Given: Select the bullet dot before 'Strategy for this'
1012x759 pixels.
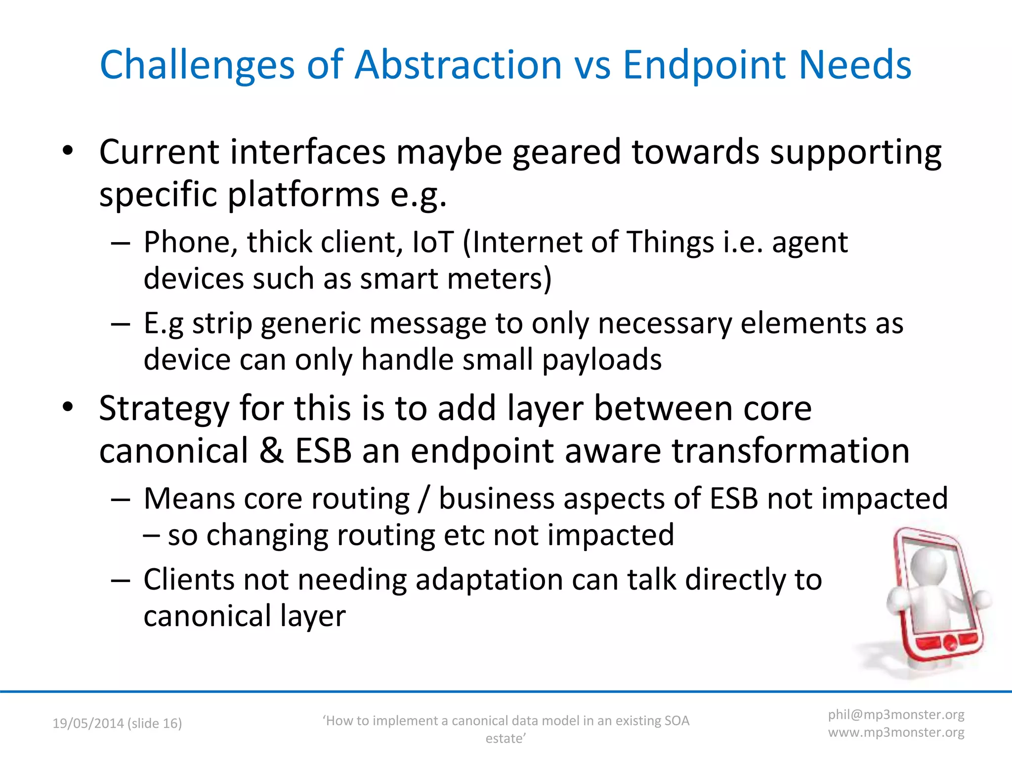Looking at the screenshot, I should (x=68, y=407).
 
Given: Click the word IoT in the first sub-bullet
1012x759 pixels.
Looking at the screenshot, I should (x=432, y=242).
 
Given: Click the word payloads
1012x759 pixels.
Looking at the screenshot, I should (x=601, y=359).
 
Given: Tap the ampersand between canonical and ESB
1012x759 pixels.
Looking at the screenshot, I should (x=271, y=451).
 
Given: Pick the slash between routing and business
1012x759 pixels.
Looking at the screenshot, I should (x=424, y=499).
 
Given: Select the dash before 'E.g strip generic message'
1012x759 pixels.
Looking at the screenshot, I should (x=121, y=324).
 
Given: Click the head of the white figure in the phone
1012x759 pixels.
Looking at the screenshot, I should (x=929, y=563).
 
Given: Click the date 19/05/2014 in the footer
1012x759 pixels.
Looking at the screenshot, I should (x=88, y=723).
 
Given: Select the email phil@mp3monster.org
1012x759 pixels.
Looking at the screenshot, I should (x=896, y=715).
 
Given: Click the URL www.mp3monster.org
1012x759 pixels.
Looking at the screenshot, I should (x=896, y=732).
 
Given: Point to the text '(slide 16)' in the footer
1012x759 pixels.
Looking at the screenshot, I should (x=155, y=723).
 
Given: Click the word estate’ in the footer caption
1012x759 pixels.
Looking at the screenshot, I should (x=506, y=739).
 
